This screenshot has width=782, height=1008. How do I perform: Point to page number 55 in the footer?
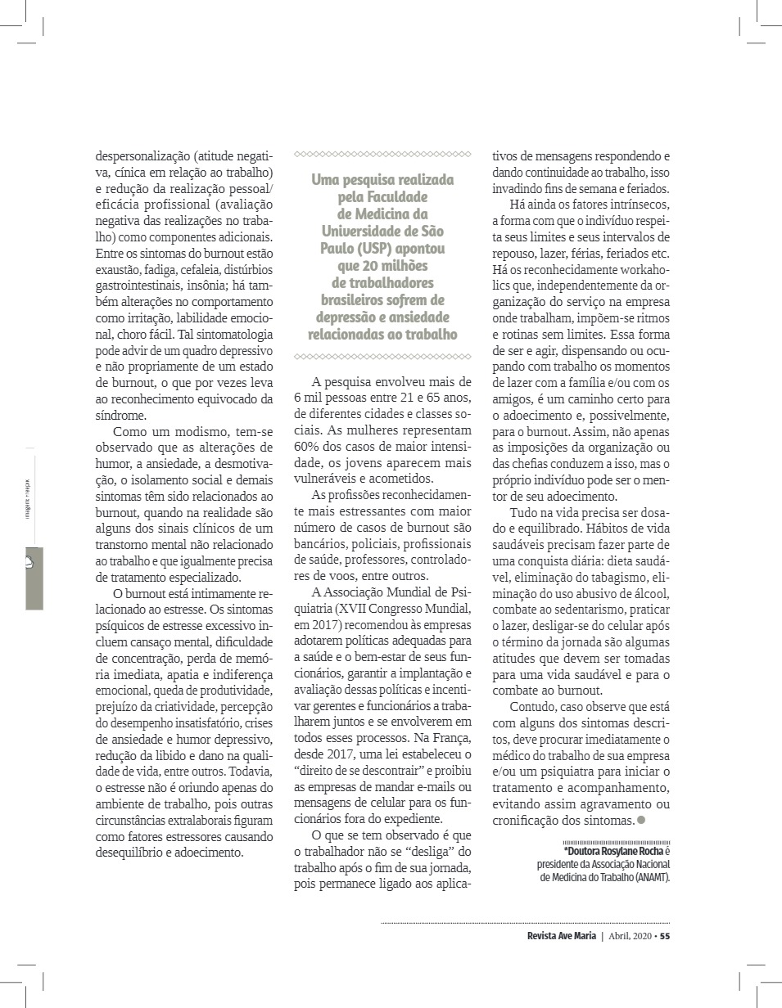point(666,936)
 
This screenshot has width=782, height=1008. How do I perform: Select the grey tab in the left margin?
point(34,578)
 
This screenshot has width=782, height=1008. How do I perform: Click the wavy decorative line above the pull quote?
point(382,154)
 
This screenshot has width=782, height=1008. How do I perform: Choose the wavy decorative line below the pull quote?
point(382,357)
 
